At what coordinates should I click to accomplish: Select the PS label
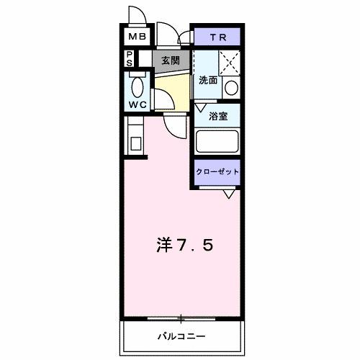[x=129, y=58]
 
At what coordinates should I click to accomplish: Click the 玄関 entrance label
[x=170, y=60]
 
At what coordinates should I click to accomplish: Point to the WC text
[x=137, y=105]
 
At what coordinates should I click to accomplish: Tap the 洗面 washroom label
[x=208, y=81]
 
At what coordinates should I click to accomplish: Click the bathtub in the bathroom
[x=217, y=141]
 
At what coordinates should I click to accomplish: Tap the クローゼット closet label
[x=217, y=171]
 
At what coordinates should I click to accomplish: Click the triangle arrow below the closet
[x=229, y=193]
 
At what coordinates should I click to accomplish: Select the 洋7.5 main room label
[x=184, y=246]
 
